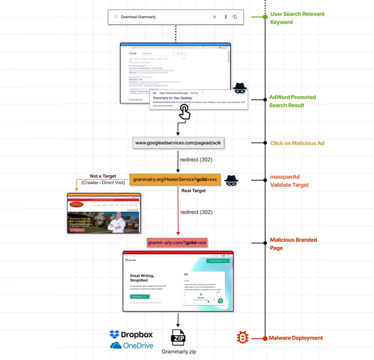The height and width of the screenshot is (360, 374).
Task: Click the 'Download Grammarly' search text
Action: pos(138,17)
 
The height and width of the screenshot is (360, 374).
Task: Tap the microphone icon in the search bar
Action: pos(226,17)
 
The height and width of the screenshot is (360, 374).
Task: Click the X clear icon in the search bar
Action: pos(215,17)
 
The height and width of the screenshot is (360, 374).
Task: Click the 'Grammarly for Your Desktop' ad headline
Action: pos(173,98)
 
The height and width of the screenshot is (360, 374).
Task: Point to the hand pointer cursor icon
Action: pos(184,112)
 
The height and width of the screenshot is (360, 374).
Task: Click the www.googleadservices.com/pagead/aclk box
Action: pos(178,143)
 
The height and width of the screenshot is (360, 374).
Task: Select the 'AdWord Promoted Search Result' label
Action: pos(292,101)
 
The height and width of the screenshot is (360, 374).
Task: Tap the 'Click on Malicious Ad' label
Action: pos(297,143)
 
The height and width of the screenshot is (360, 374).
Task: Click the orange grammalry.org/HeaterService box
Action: pos(175,180)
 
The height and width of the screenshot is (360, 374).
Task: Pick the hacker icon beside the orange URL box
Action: pos(231,180)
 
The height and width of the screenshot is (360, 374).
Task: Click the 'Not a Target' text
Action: pos(103,176)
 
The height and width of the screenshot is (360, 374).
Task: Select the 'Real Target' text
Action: pos(193,191)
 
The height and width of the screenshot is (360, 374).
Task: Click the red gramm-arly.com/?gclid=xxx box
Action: pos(177,243)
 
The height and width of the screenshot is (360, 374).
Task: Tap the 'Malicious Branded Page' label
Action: pos(293,244)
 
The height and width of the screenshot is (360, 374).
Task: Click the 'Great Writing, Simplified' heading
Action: pos(142,278)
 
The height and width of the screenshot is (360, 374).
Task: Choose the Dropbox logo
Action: pos(132,335)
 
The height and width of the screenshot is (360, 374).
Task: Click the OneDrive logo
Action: pos(132,346)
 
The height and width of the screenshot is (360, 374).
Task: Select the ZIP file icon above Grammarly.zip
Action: pos(178,338)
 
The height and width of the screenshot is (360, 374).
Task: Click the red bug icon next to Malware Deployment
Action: pos(242,337)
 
